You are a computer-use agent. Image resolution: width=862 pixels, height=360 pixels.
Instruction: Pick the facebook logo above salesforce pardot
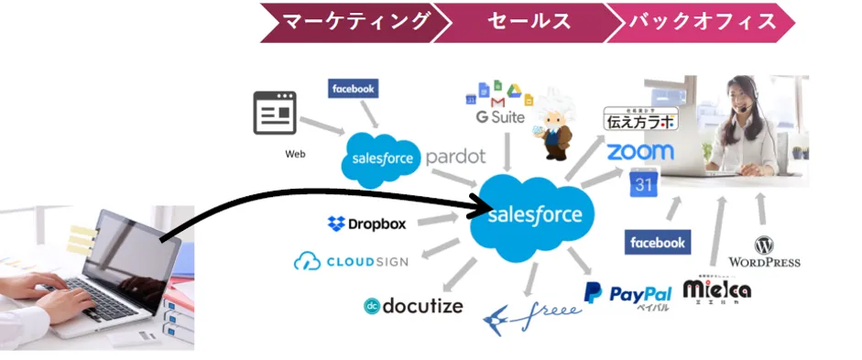[353, 89]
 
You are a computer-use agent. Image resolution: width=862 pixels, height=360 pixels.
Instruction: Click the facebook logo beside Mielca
[658, 242]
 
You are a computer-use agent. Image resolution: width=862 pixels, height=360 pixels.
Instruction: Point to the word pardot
[455, 157]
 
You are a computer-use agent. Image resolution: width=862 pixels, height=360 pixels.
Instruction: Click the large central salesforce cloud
[534, 214]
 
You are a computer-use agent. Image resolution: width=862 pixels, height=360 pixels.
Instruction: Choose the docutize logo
[413, 306]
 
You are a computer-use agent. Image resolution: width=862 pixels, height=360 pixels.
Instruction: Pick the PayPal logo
[628, 294]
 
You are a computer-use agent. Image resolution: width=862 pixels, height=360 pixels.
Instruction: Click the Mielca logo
[717, 289]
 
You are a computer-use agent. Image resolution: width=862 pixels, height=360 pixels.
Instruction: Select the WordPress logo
[764, 251]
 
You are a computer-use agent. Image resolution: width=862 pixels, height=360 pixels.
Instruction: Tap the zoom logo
[639, 151]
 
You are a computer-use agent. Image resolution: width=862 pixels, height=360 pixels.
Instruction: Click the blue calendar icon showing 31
[643, 184]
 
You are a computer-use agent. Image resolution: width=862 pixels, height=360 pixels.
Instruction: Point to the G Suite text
[500, 117]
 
